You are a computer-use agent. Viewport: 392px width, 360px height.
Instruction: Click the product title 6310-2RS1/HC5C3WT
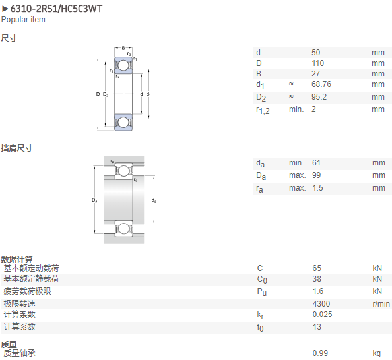[56, 9]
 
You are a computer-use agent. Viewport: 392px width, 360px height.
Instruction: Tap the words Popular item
[23, 20]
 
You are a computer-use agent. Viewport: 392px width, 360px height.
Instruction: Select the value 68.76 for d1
[321, 84]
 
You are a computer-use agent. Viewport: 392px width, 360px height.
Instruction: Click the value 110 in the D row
[317, 63]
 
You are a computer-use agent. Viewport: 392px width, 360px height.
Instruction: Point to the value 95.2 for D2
[319, 97]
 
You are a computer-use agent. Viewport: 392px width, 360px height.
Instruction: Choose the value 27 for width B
[315, 74]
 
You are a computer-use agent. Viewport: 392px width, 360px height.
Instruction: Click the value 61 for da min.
[316, 163]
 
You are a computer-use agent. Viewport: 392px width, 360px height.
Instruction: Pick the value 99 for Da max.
[316, 175]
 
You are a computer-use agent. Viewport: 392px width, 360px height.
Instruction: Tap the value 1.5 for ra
[317, 188]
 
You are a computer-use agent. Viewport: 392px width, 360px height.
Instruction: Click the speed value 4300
[321, 304]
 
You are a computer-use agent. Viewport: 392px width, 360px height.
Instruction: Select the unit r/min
[381, 304]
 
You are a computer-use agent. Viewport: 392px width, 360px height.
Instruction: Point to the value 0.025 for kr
[322, 315]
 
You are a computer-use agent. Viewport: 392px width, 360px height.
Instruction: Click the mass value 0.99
[320, 353]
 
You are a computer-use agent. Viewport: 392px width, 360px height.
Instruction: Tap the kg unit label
[377, 353]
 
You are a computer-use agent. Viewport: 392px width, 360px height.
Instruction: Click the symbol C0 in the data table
[262, 280]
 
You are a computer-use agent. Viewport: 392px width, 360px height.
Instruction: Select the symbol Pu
[262, 292]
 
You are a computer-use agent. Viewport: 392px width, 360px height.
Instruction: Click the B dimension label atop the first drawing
[123, 48]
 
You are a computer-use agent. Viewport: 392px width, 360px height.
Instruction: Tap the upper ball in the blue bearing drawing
[123, 65]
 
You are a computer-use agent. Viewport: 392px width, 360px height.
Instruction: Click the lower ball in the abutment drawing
[123, 229]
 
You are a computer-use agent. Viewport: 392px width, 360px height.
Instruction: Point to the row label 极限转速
[20, 304]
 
